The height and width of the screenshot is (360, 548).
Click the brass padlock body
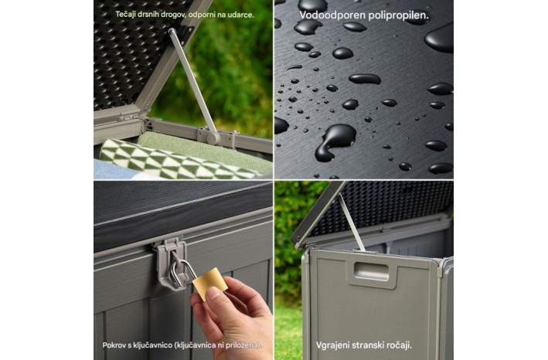pos(210,284)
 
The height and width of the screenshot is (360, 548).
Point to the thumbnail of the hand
pos(214,294)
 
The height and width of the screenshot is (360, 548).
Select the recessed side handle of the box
pos(371,272)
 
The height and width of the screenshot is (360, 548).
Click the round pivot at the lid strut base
pos(213,138)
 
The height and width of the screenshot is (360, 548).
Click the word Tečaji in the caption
pos(124,15)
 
